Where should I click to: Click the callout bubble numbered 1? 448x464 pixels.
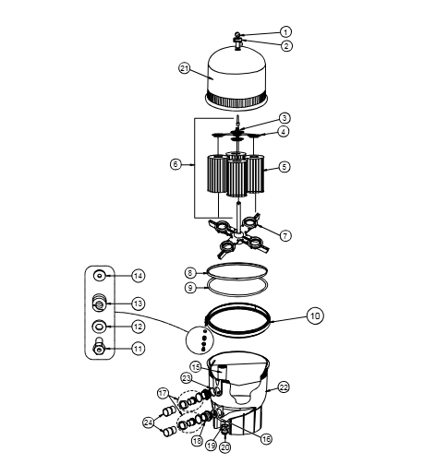pos(285,31)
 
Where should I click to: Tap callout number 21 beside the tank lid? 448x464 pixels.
pos(185,68)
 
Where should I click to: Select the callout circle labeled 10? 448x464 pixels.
pos(315,315)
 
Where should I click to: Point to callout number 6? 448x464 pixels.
pos(176,164)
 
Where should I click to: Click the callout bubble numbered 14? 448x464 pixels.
pos(139,276)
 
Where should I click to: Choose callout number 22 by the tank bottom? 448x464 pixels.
pos(284,387)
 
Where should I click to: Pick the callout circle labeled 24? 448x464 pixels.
pos(149,422)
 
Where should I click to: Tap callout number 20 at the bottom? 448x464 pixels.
pos(225,447)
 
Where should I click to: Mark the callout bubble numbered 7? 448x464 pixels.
pos(285,236)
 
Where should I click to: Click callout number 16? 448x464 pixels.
pos(266,439)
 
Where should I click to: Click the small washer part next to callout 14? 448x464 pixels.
pos(100,276)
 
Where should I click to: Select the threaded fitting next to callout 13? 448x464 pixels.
pos(99,302)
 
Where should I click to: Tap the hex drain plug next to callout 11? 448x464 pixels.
pos(99,346)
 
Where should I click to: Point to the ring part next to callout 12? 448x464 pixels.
pos(99,327)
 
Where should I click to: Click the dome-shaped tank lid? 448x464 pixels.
pos(236,77)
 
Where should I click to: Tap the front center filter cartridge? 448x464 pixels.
pos(236,179)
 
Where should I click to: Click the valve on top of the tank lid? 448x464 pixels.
pos(237,42)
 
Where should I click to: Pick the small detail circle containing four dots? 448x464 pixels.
pos(200,340)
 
